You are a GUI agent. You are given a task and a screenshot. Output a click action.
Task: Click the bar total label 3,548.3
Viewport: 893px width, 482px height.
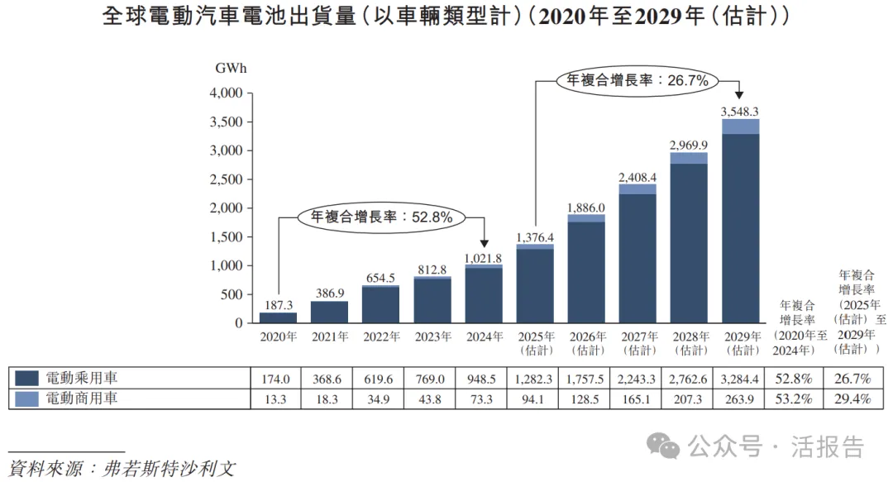tap(740, 111)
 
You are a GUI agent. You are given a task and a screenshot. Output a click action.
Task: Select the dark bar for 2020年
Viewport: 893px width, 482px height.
tap(278, 317)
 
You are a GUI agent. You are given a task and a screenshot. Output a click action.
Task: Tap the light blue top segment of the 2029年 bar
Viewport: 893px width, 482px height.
tap(740, 126)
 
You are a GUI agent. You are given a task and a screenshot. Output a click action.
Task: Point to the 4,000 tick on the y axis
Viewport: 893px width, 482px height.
tap(226, 93)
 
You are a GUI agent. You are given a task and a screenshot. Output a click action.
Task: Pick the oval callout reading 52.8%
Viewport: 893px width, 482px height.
tap(381, 217)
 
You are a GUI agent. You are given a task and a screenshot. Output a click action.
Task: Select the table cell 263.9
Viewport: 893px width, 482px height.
tap(740, 398)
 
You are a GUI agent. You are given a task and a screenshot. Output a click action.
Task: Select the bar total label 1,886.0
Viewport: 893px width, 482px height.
tap(586, 207)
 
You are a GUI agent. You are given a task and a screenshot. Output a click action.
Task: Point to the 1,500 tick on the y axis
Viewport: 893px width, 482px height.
tap(226, 237)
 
